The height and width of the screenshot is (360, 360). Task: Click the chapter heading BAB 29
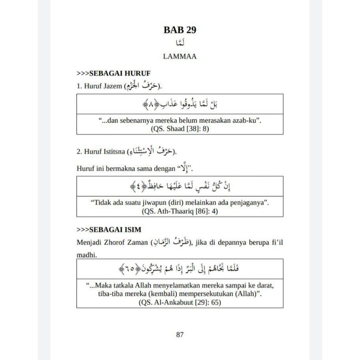[180, 31]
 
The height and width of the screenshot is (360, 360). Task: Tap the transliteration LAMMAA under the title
[180, 57]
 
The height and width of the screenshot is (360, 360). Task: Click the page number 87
[180, 334]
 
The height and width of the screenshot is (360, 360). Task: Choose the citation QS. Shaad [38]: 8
[180, 129]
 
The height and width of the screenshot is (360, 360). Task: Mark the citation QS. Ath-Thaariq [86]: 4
[180, 211]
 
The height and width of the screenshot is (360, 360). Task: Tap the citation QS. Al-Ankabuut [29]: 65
[180, 302]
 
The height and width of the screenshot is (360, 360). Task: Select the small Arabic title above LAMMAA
[180, 44]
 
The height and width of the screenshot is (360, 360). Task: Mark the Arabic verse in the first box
[180, 105]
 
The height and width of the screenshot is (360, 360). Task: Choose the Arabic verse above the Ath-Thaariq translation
[180, 186]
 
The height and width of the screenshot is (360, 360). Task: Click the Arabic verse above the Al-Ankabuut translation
[180, 270]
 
